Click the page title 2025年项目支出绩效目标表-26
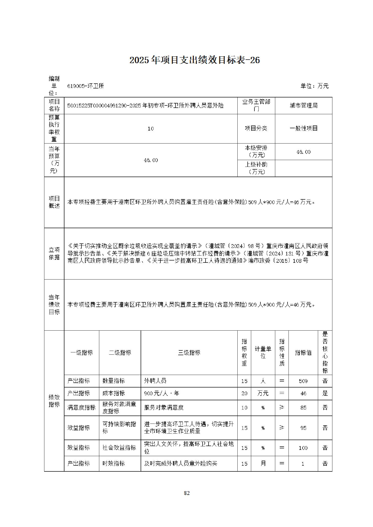pos(195,60)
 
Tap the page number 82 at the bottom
pos(187,493)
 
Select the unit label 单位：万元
pos(314,86)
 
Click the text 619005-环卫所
pos(85,86)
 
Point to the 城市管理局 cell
pos(304,105)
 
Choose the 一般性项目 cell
pos(304,128)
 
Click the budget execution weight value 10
pos(150,128)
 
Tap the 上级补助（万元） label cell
pos(256,168)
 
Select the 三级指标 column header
pos(189,352)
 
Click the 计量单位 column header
pos(263,352)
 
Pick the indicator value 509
pos(303,381)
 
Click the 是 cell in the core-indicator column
pos(325,393)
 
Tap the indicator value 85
pos(303,408)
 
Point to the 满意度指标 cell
pos(81,408)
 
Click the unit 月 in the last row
pos(263,463)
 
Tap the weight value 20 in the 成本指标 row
pos(244,393)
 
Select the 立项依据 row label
pos(54,253)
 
